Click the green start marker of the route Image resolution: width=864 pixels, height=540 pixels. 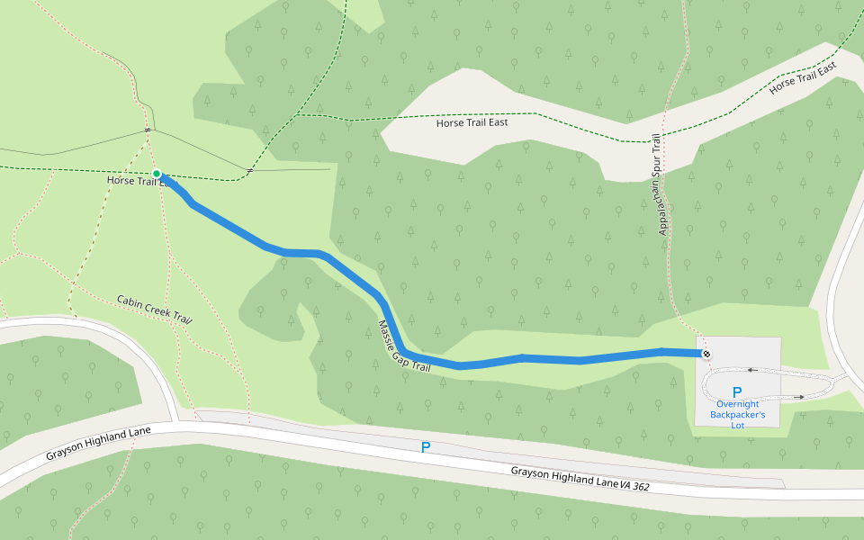point(157,174)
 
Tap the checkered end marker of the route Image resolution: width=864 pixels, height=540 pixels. point(706,354)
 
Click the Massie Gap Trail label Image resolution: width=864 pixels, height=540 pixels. point(403,346)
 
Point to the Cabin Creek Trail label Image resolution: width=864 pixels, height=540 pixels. point(155,309)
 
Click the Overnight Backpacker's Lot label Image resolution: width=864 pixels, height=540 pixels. point(737,415)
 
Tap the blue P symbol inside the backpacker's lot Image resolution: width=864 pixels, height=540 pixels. point(737,392)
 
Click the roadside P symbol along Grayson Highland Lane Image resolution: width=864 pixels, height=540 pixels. point(426,447)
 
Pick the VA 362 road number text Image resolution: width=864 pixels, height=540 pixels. point(634,486)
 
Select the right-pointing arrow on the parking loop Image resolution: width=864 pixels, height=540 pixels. point(799,396)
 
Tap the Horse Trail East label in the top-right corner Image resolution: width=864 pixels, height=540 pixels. point(804,79)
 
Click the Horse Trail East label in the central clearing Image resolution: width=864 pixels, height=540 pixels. point(472,122)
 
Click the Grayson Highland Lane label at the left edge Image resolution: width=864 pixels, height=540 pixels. point(98,444)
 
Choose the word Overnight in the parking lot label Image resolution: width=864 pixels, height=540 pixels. point(738,404)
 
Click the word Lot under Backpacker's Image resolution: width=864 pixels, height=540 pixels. point(737,426)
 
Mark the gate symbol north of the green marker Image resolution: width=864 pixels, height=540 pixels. point(147,131)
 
